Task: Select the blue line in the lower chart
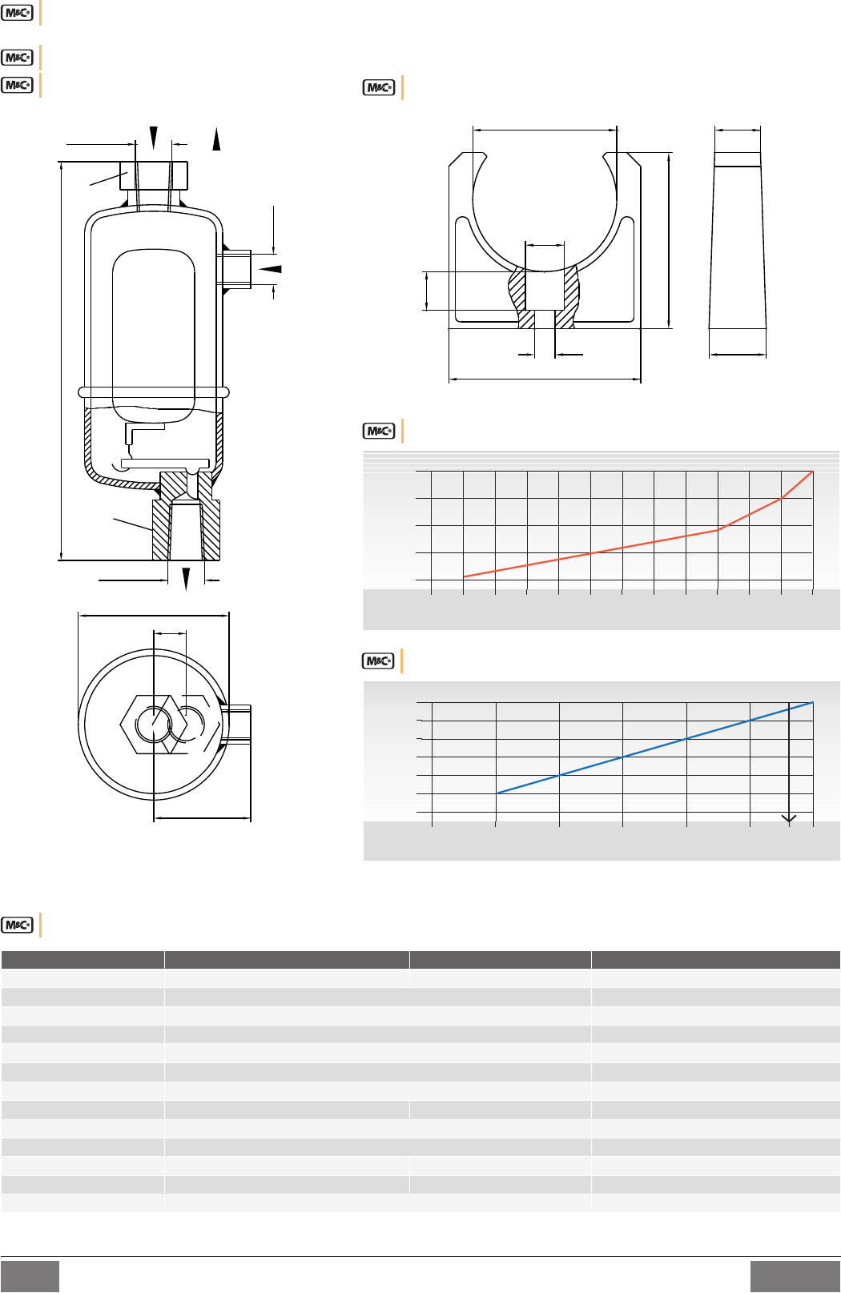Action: [655, 748]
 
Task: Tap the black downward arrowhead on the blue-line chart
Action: [789, 818]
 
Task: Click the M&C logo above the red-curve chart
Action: [379, 431]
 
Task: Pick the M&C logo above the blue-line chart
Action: [378, 661]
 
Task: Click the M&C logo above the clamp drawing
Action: [379, 87]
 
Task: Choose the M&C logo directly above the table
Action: [18, 925]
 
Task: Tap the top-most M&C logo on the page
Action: [18, 13]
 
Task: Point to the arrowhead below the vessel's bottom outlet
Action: [186, 579]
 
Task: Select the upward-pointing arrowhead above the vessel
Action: [216, 139]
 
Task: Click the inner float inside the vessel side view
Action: [154, 335]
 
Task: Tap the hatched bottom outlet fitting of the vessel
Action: [186, 516]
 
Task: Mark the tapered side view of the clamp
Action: [738, 240]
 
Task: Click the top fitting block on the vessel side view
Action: [154, 175]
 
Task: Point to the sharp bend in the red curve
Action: [718, 529]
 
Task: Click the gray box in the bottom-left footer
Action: [30, 1276]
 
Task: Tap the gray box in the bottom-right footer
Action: [795, 1276]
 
